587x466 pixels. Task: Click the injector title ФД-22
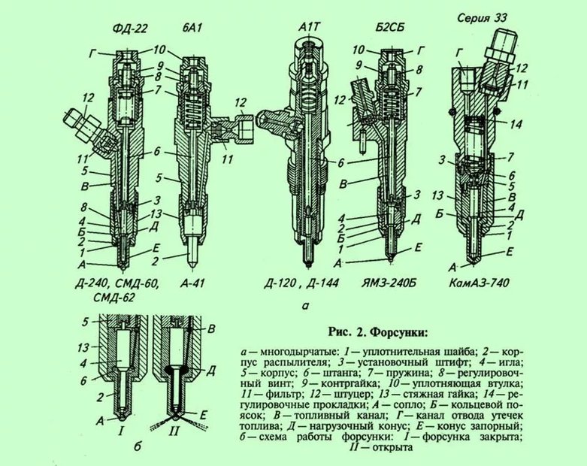tap(130, 29)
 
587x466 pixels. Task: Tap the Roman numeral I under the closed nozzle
tap(120, 432)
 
